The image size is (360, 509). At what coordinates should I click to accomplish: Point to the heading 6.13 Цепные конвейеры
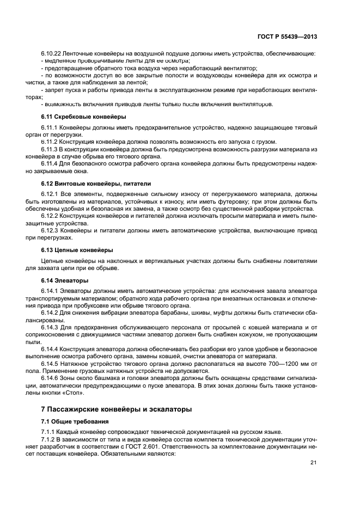click(77, 250)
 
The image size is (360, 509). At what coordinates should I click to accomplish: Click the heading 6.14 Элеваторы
click(64, 280)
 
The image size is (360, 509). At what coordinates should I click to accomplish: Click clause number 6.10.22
click(51, 54)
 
